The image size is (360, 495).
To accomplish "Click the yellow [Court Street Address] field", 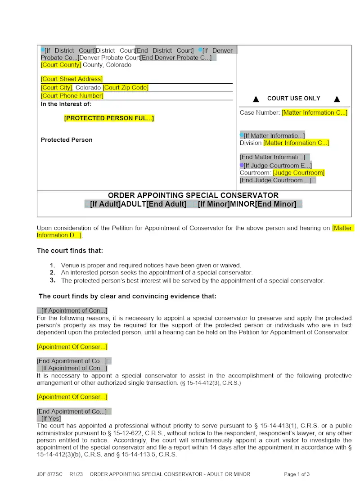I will click(72, 79).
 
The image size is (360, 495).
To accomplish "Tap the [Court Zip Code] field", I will click(126, 88).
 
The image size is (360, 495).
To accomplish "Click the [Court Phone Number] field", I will click(72, 96).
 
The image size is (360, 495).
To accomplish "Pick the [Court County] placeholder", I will click(61, 65).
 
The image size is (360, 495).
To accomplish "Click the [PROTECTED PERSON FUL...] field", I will click(109, 118).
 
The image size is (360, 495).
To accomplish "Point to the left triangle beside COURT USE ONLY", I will click(256, 99).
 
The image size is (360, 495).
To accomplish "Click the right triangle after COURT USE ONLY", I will click(337, 99).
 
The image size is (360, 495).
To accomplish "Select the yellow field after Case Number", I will click(315, 113).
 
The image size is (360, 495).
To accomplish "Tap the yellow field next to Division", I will click(296, 143).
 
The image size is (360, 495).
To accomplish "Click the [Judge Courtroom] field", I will click(298, 173).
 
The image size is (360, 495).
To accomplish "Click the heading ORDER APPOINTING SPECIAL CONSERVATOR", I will click(193, 195).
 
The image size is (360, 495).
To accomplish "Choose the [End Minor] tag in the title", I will click(275, 204).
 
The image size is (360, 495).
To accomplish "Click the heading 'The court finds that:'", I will click(70, 251).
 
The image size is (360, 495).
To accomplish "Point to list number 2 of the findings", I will click(53, 273).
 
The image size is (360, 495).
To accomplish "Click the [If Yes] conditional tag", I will click(51, 418).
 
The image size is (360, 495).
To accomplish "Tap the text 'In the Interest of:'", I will click(66, 104).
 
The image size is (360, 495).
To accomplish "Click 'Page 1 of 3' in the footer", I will click(297, 474).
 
